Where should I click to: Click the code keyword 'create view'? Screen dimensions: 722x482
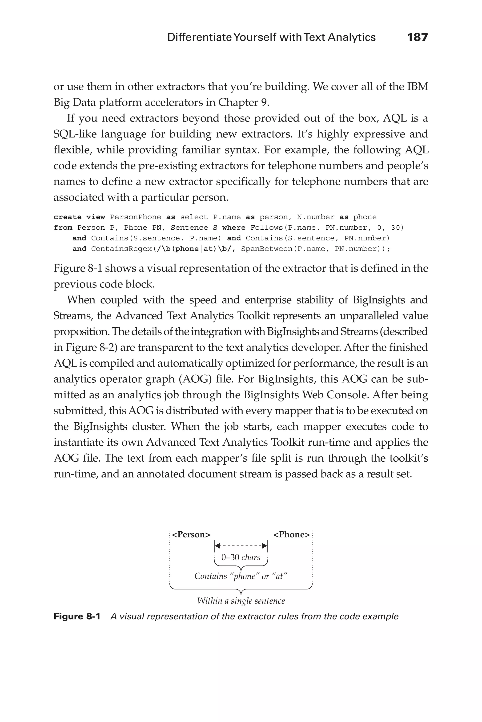pyautogui.click(x=79, y=217)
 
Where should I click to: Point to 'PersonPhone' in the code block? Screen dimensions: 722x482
pyautogui.click(x=136, y=217)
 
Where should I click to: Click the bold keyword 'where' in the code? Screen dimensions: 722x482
pyautogui.click(x=234, y=228)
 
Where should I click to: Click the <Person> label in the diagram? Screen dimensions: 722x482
pyautogui.click(x=191, y=535)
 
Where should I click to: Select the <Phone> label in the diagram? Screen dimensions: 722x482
pyautogui.click(x=291, y=535)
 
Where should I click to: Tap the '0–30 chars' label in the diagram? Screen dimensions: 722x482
pyautogui.click(x=241, y=557)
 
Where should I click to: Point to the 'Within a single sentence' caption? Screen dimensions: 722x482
pyautogui.click(x=241, y=601)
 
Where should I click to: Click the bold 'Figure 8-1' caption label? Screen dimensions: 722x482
pyautogui.click(x=77, y=616)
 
